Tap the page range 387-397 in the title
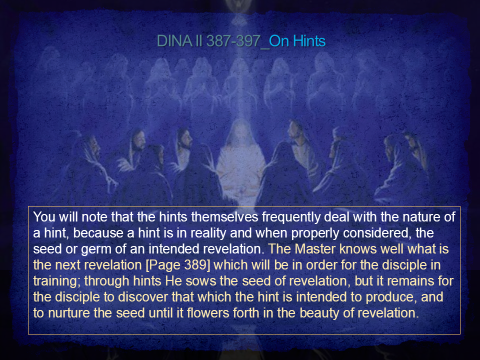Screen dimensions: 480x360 click(x=233, y=41)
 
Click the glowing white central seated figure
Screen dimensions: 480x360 click(x=240, y=162)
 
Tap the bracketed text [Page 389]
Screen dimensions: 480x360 click(x=178, y=265)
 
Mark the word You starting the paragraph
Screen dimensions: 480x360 click(x=44, y=217)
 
